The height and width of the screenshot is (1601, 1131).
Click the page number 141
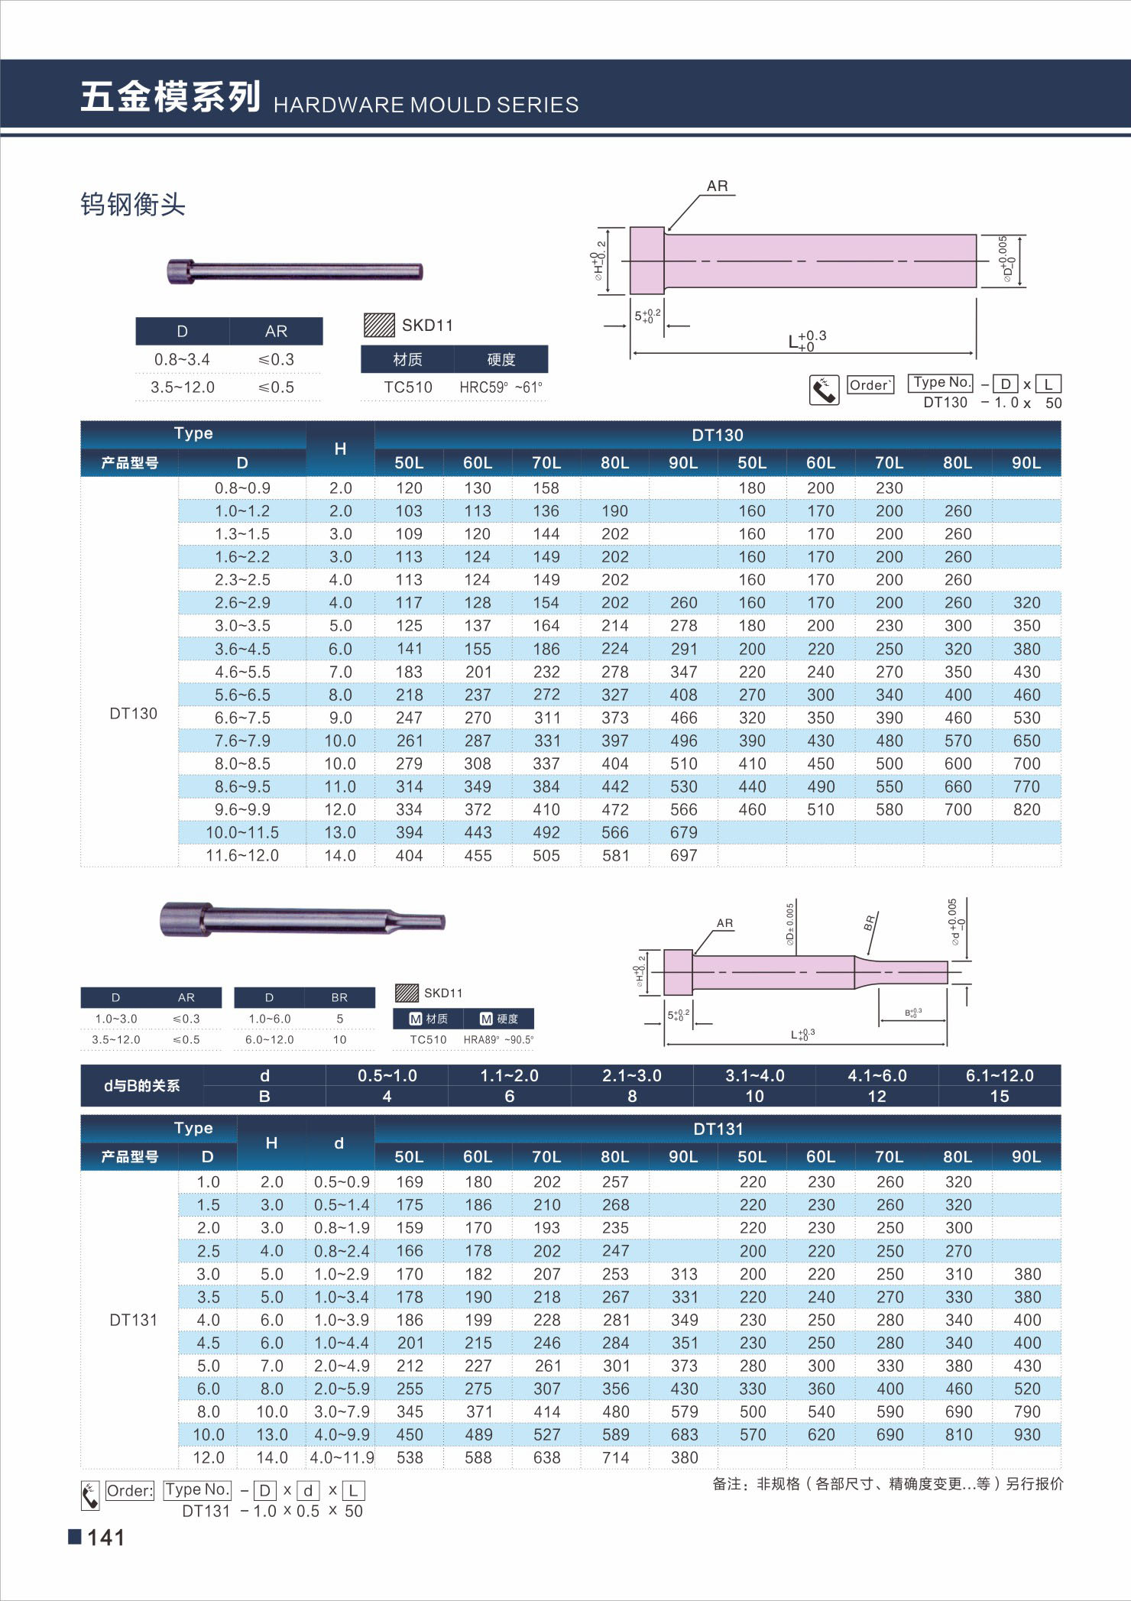(x=105, y=1538)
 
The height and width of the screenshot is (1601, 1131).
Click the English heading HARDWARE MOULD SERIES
(x=426, y=105)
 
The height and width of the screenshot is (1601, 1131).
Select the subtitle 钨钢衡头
(x=133, y=204)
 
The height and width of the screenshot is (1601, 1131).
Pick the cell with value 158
(x=546, y=488)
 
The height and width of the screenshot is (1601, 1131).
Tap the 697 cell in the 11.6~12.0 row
(x=683, y=855)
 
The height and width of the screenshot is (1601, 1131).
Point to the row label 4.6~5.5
(x=242, y=672)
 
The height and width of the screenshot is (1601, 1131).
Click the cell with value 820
(x=1026, y=809)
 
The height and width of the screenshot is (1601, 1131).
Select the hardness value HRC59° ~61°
(x=501, y=387)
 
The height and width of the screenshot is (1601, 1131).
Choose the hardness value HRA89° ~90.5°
(x=498, y=1039)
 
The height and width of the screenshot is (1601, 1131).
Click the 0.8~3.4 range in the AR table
(x=182, y=359)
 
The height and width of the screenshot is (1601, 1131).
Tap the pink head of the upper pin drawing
(x=647, y=260)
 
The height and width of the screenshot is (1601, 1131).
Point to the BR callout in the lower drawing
(x=869, y=923)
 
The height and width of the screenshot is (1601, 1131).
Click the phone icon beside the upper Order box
(x=824, y=391)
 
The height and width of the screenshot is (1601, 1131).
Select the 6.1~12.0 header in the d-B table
(x=999, y=1075)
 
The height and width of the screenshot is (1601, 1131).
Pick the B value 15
(x=999, y=1096)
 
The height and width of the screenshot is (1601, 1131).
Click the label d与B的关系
(x=142, y=1085)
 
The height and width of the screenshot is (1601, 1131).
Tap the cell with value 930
(x=1027, y=1434)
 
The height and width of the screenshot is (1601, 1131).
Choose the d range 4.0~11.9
(x=342, y=1457)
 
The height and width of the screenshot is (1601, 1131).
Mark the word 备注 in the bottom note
(x=726, y=1483)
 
